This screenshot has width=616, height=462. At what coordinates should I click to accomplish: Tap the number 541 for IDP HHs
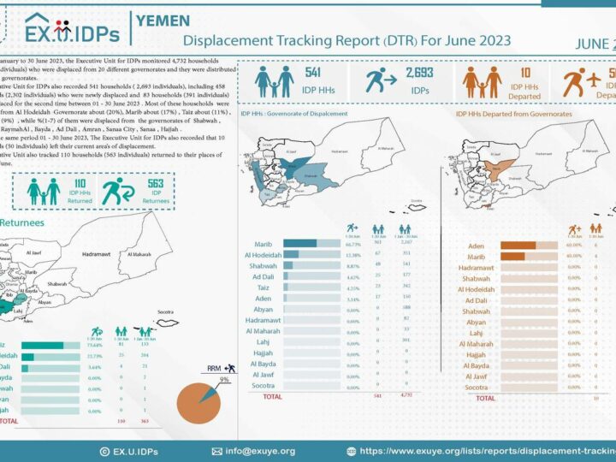point(313,74)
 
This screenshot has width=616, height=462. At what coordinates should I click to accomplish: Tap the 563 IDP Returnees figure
point(156,183)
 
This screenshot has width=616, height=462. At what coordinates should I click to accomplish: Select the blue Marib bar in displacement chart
point(300,243)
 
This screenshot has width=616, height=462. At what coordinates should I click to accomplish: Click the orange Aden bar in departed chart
point(518,246)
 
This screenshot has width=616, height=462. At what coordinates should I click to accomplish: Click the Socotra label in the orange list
point(476,388)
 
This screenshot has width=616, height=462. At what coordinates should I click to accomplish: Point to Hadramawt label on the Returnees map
point(103,255)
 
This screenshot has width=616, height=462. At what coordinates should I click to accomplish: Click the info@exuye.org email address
point(260,451)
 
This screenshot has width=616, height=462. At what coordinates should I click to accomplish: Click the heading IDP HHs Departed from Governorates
point(512,114)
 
